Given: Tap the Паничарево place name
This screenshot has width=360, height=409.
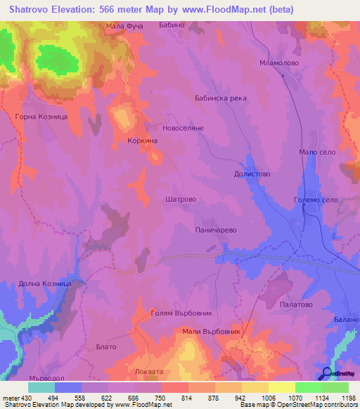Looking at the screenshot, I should point(214,230).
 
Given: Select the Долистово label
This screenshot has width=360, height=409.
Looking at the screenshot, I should point(252,173).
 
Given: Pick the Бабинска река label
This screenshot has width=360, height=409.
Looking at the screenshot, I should point(220,98).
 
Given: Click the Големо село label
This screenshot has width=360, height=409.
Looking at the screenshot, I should point(316,201).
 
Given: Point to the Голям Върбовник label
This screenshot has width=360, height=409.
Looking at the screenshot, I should point(181,313).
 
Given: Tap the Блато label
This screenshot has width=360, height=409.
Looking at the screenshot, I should point(105,346).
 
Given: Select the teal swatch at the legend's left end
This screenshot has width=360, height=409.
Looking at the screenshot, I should point(41,387).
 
